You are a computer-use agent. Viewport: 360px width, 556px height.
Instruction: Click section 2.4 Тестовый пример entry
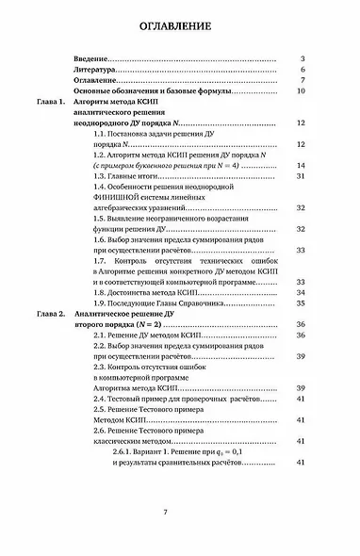(x=176, y=399)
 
